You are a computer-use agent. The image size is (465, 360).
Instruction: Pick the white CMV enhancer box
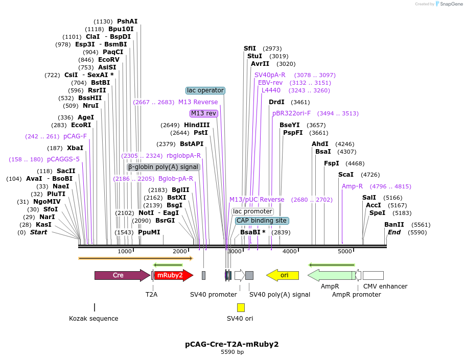coord(373,275)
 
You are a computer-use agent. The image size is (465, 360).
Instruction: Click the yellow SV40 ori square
coord(241,307)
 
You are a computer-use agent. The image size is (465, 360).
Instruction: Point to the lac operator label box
coord(205,90)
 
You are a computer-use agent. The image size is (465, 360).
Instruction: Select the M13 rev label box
coord(204,113)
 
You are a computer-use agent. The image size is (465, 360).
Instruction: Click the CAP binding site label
coord(262,221)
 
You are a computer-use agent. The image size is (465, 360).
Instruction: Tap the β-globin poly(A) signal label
coord(163,167)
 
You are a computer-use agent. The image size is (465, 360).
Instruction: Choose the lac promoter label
coord(252,211)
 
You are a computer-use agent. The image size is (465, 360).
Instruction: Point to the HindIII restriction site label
coord(197,125)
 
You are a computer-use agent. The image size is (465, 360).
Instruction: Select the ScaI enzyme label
coord(346,175)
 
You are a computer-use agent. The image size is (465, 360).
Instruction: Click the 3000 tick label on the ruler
coord(235,251)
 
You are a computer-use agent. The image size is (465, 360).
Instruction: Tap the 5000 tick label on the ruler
coord(345,251)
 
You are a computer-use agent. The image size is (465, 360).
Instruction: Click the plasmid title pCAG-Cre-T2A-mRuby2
coord(232,344)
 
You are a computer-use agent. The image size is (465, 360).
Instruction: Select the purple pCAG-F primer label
coord(75,136)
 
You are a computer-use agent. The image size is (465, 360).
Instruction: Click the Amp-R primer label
coord(352,186)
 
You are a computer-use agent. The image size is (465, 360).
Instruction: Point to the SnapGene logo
coord(447,4)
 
